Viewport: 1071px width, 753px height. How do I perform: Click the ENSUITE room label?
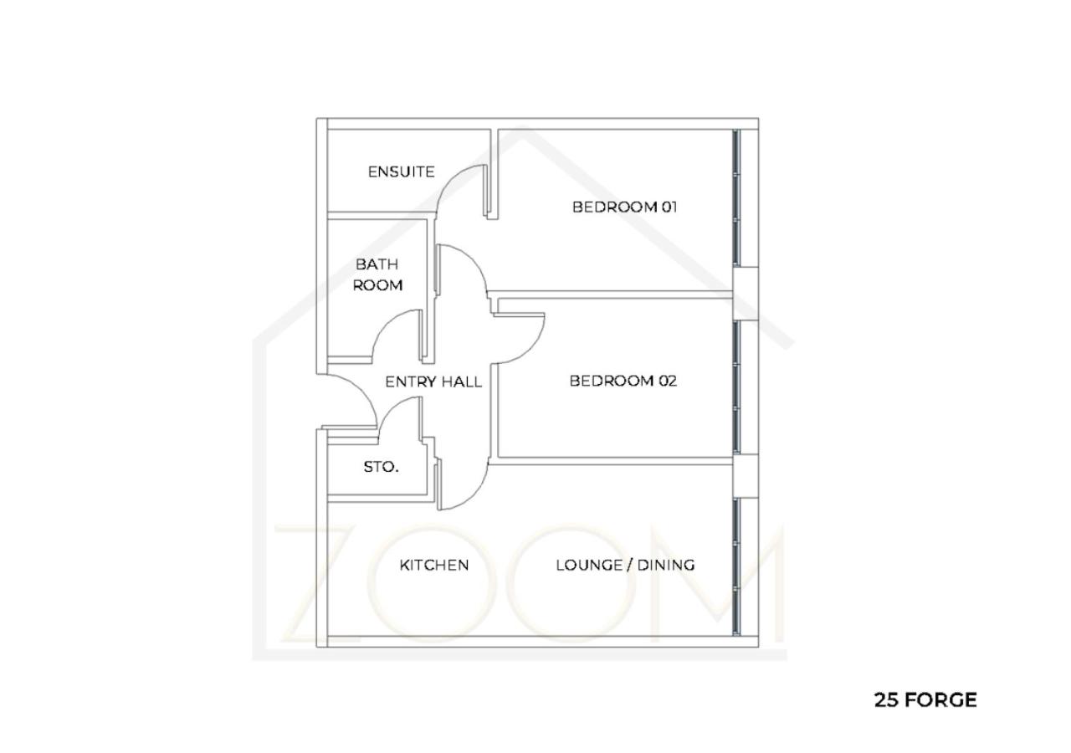pyautogui.click(x=401, y=172)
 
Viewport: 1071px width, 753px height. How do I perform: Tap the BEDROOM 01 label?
pyautogui.click(x=624, y=207)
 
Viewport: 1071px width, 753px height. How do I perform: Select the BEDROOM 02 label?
pyautogui.click(x=623, y=381)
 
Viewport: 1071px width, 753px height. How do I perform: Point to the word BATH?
pyautogui.click(x=377, y=264)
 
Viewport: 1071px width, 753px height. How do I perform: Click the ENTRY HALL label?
pyautogui.click(x=433, y=382)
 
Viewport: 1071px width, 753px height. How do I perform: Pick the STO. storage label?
pyautogui.click(x=381, y=467)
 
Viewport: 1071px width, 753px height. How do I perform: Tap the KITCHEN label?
pyautogui.click(x=434, y=565)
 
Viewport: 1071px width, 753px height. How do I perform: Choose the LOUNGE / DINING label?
pyautogui.click(x=625, y=565)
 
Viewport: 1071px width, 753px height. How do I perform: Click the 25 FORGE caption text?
pyautogui.click(x=925, y=700)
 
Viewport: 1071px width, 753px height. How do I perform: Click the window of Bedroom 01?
pyautogui.click(x=736, y=198)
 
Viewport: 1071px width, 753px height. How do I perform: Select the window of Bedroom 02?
pyautogui.click(x=736, y=387)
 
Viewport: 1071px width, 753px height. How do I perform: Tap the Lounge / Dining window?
pyautogui.click(x=736, y=567)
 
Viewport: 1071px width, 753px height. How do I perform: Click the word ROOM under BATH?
pyautogui.click(x=377, y=285)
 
